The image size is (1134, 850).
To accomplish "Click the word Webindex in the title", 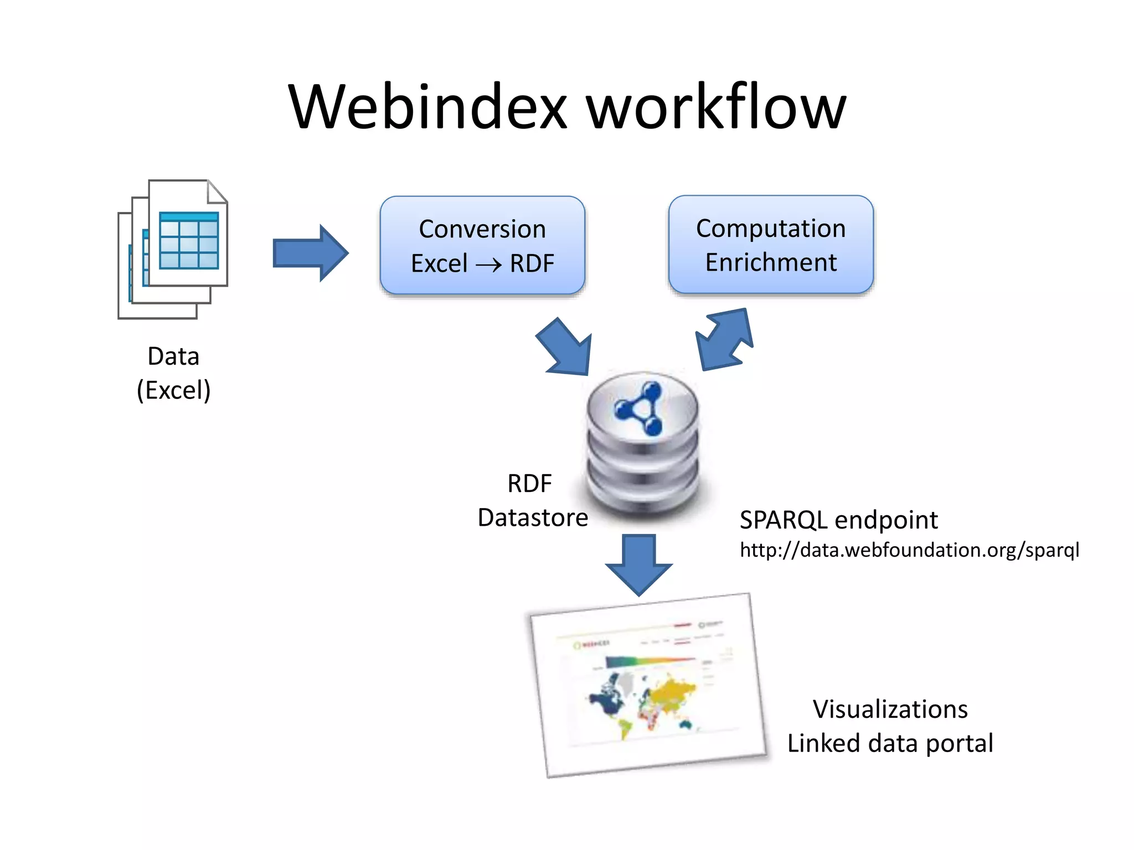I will coord(427,107).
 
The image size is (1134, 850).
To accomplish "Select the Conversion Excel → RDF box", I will coord(482,245).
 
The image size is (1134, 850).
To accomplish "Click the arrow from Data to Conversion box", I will coord(310,253).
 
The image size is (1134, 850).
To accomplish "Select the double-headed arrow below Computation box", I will coord(725,339).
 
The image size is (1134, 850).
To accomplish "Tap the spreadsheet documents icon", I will coord(173,248).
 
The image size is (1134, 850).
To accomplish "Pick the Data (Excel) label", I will coord(173,373).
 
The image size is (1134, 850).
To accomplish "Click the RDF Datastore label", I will coord(532,500).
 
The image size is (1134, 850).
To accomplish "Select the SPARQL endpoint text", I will coord(838,520).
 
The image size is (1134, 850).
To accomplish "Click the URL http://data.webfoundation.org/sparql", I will coord(909,550).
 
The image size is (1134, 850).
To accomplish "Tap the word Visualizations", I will coord(890,709).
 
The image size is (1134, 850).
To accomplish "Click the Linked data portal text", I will coord(890,743).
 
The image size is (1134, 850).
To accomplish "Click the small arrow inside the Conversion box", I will coord(488,265).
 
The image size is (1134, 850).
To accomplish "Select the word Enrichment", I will coord(770,262).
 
